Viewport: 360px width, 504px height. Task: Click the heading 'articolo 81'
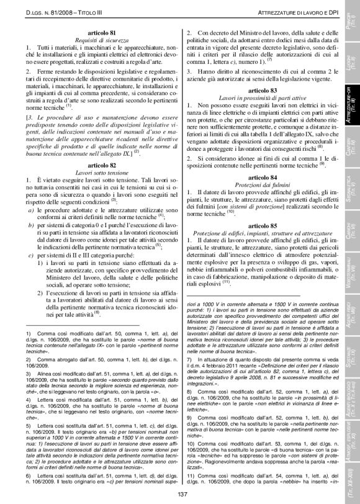click(94, 31)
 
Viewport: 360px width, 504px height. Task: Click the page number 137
click(182, 493)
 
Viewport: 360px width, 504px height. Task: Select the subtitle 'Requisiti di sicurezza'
click(94, 38)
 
